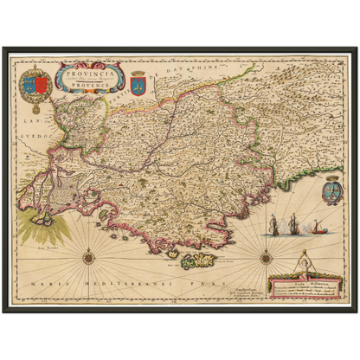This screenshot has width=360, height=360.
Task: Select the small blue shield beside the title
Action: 138,80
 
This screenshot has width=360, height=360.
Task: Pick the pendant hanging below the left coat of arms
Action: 35,111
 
